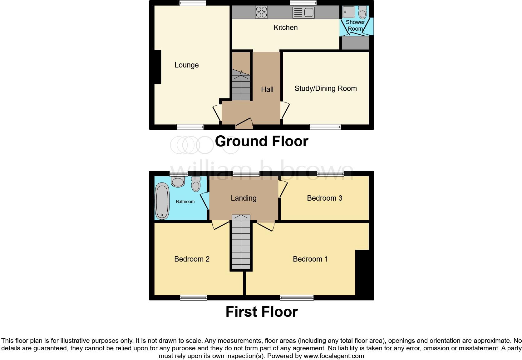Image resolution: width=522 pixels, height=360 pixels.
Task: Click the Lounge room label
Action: tap(186, 65)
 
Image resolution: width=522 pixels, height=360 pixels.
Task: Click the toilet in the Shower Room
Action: tap(362, 13)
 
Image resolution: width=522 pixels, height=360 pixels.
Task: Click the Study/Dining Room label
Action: tap(325, 88)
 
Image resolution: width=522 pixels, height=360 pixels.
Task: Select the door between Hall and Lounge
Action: tap(217, 113)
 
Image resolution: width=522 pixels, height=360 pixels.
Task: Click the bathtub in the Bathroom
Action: tap(162, 202)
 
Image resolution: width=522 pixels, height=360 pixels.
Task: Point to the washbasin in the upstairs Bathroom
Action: tap(178, 181)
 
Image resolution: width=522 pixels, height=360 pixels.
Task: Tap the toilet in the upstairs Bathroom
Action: tap(196, 184)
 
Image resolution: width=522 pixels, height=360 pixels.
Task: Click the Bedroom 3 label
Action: tap(324, 198)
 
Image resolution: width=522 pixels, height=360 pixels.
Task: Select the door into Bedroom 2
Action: tap(220, 225)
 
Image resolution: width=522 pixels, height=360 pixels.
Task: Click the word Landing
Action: tap(244, 198)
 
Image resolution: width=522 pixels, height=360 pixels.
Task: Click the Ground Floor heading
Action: tap(261, 141)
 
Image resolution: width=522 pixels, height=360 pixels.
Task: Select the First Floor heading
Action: tap(261, 312)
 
